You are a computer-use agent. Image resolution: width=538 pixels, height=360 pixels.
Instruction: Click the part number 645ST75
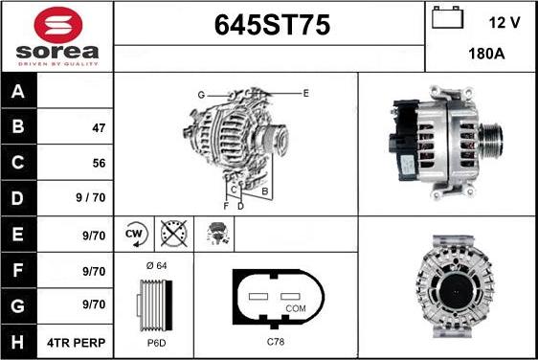pos(269,27)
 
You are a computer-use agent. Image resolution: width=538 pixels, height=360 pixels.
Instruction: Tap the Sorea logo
pos(57,36)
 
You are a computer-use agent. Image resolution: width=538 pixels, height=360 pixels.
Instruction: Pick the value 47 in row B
pos(99,127)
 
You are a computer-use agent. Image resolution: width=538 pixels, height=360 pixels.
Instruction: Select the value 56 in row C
pos(99,164)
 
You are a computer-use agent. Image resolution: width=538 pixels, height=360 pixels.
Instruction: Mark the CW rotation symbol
pos(135,233)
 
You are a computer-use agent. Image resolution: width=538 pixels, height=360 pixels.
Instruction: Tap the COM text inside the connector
pos(296,309)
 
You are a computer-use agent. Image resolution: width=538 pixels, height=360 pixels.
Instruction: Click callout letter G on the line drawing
pos(201,95)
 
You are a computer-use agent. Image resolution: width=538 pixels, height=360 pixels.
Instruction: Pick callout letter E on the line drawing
pos(305,93)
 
